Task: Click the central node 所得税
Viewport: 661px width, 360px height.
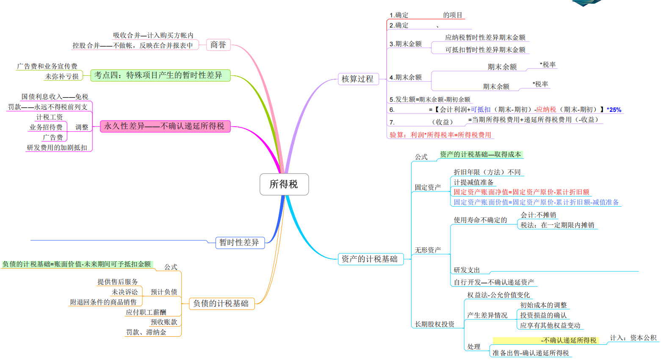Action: click(284, 184)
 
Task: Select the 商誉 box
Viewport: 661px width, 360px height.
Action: click(218, 45)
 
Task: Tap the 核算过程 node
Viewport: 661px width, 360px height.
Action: click(357, 79)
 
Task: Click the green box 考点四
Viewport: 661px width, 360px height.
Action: click(160, 75)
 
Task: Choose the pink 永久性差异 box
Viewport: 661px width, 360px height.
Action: click(165, 126)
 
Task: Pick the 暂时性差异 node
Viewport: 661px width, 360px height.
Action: click(239, 243)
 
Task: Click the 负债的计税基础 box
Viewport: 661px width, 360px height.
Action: click(221, 304)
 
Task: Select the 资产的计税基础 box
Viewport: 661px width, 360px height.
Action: click(370, 259)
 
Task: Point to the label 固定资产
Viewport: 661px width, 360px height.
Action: click(428, 187)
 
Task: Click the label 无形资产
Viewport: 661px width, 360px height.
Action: click(428, 250)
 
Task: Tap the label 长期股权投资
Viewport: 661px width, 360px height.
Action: click(434, 324)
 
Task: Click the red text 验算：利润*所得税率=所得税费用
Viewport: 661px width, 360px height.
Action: click(440, 135)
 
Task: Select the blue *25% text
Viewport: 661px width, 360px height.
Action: click(614, 110)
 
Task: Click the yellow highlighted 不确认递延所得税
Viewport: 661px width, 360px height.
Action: click(568, 341)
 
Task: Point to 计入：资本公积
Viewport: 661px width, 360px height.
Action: click(633, 338)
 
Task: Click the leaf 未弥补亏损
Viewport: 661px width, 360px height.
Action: click(62, 77)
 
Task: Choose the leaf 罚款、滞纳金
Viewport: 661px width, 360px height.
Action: click(146, 332)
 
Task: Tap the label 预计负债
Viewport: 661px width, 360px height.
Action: click(164, 292)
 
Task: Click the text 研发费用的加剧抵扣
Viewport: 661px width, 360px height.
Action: click(57, 148)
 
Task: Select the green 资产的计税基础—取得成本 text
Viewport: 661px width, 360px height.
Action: click(480, 155)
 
